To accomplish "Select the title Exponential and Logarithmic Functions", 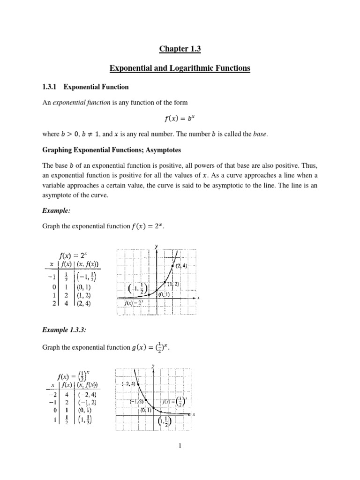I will click(x=180, y=69).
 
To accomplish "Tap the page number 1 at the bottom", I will click(x=180, y=446).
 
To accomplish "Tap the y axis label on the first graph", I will click(x=156, y=246).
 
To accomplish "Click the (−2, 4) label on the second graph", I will click(x=127, y=384).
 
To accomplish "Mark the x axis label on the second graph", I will click(x=194, y=415).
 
